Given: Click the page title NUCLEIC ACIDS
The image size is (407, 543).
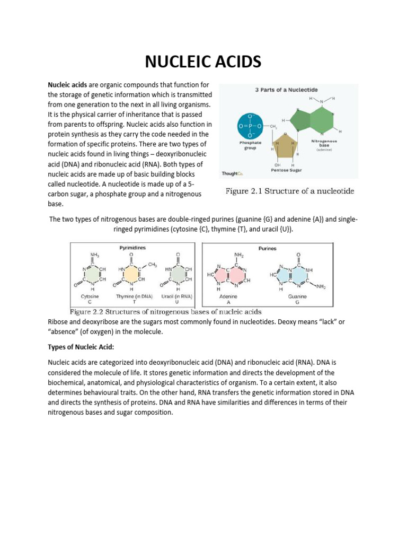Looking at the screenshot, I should pos(203,62).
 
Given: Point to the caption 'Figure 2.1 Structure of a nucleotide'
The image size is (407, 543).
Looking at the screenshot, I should pos(290,191).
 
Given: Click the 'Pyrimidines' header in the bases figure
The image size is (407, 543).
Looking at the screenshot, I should pos(132,247).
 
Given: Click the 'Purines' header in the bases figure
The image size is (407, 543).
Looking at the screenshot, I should pos(268,248).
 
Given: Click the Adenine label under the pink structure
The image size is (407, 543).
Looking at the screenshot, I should pos(228,296).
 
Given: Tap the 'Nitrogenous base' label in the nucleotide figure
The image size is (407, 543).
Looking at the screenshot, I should pos(324,144).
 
